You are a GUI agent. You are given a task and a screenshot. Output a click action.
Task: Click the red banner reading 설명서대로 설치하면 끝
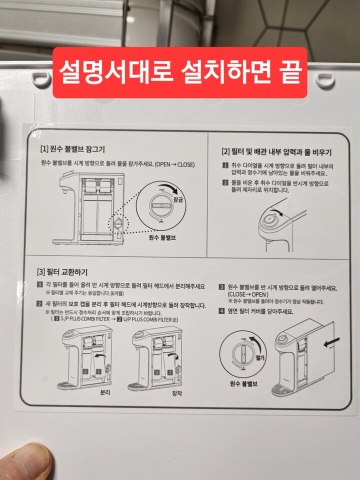179,73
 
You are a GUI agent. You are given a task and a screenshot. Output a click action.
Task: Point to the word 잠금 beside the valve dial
178,199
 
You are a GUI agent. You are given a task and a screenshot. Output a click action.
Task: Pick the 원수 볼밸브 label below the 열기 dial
243,384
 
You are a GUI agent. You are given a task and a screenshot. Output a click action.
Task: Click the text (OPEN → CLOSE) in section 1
174,164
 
